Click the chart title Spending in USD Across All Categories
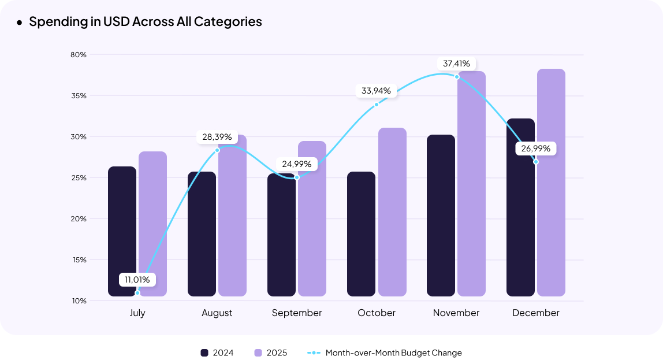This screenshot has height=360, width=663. [x=145, y=22]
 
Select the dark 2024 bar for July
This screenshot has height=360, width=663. [x=122, y=231]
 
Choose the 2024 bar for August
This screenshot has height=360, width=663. [x=202, y=234]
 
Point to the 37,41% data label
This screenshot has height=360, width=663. [x=456, y=63]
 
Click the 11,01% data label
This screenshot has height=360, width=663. [x=137, y=280]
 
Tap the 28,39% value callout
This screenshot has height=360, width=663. [x=217, y=137]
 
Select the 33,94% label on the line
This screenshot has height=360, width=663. [x=376, y=91]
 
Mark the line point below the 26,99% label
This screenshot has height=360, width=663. [x=536, y=162]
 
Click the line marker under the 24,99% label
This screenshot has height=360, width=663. [x=297, y=177]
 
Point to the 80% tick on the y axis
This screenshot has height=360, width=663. [x=79, y=55]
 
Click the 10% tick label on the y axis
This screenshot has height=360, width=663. [x=79, y=301]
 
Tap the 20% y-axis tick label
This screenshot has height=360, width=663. [x=79, y=219]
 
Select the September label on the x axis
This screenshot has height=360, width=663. [x=297, y=313]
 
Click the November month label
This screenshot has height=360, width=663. [x=456, y=313]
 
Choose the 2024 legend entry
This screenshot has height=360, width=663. [x=217, y=352]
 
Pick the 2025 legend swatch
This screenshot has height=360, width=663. [x=258, y=352]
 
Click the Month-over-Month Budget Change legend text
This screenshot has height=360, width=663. [x=393, y=352]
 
